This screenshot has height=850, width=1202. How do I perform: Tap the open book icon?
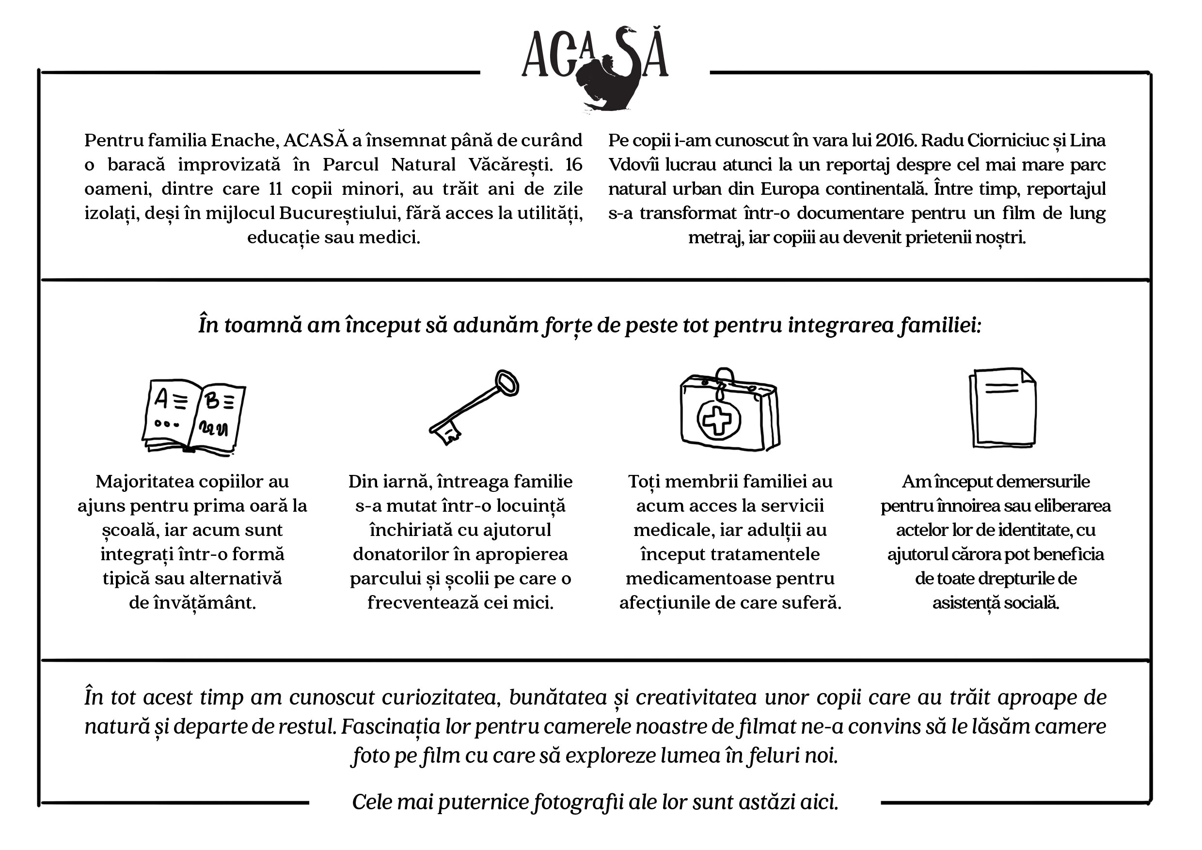tap(194, 416)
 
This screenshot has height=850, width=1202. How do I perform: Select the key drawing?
tap(474, 408)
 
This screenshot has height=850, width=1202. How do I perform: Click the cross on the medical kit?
tap(718, 419)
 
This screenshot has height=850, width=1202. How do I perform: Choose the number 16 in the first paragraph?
tap(574, 164)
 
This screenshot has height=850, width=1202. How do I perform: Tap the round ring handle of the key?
tap(507, 383)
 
